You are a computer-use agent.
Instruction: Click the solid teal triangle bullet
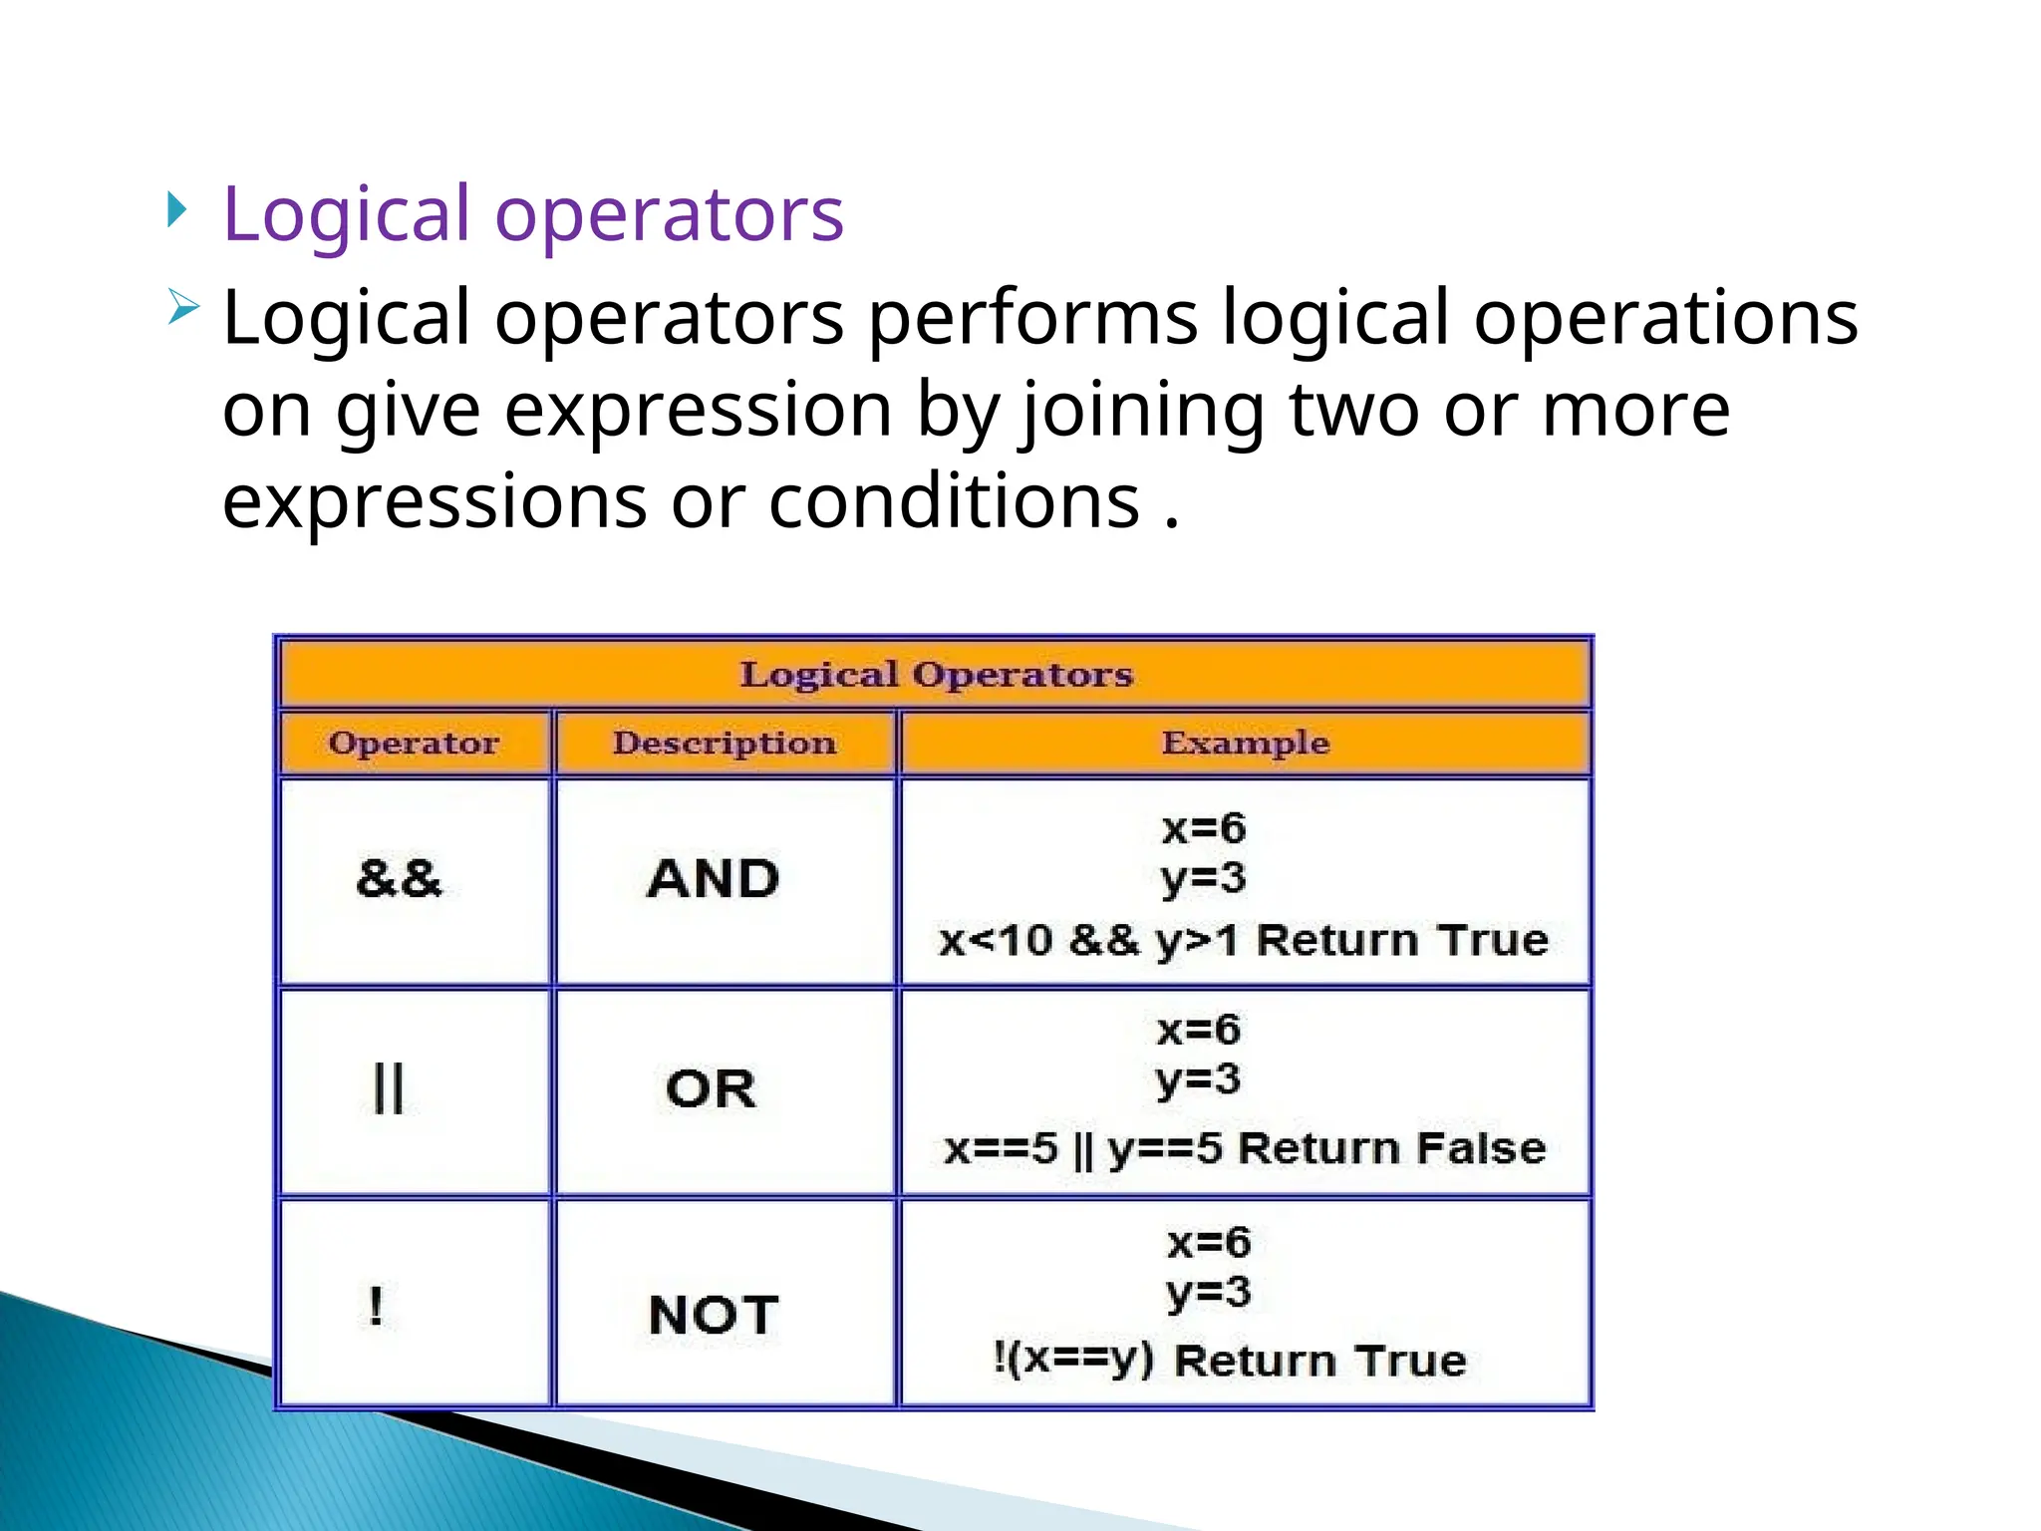pos(176,209)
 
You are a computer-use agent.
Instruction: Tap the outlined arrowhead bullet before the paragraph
pos(183,306)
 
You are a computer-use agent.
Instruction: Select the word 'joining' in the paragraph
pos(1142,412)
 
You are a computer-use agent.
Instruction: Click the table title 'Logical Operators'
pos(936,675)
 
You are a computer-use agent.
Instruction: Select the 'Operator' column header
pos(414,744)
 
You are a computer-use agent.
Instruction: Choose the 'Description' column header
pos(725,744)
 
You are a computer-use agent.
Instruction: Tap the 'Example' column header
pos(1245,744)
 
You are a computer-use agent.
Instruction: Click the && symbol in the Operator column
pos(399,879)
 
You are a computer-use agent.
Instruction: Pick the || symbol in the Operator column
pos(388,1087)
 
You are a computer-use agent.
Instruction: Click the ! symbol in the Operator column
pos(376,1306)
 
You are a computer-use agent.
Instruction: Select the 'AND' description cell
pos(714,879)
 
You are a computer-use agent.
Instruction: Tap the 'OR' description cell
pos(711,1088)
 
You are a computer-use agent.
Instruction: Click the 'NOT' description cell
pos(714,1315)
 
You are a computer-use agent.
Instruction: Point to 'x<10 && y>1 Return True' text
pos(1244,940)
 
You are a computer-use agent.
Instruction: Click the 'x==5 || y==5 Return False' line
pos(1245,1148)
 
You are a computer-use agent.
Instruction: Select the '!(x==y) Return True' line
pos(1230,1360)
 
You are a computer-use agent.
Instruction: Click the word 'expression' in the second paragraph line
pos(698,410)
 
